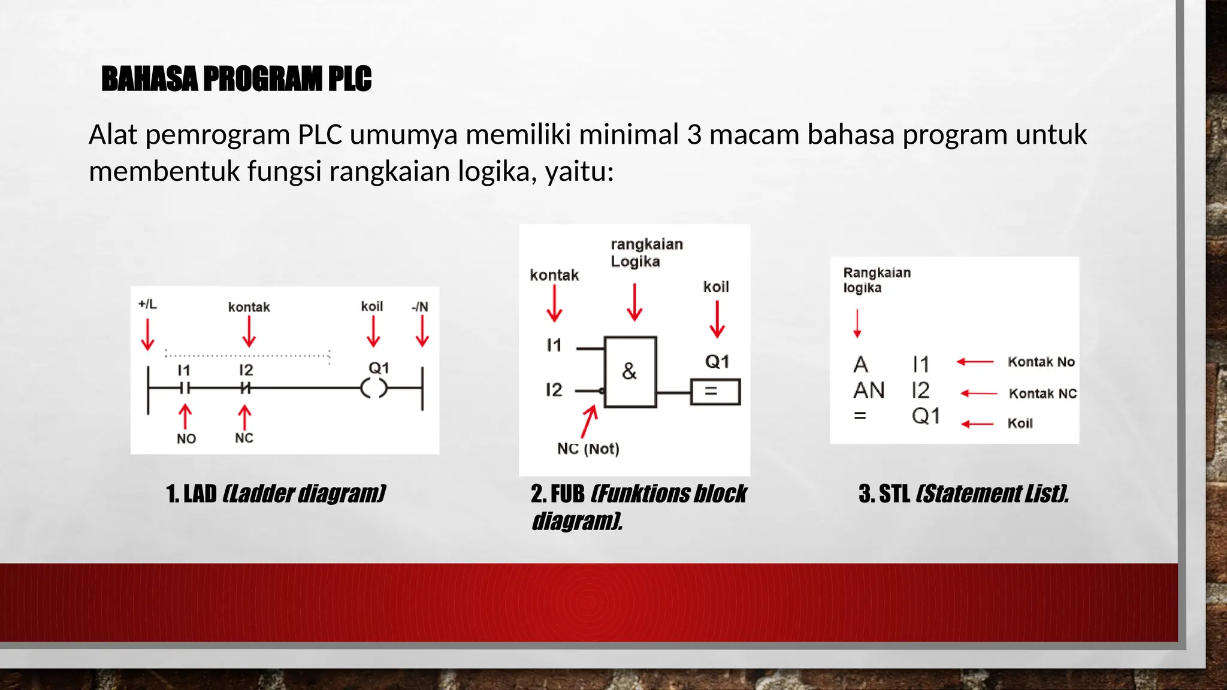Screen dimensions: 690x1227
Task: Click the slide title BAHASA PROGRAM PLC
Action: click(236, 78)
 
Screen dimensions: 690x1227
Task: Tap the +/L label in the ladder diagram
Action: click(147, 304)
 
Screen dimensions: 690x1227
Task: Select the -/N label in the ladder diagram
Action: click(420, 307)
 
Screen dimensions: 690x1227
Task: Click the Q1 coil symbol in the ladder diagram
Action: click(374, 389)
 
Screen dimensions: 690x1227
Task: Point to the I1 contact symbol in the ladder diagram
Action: click(185, 388)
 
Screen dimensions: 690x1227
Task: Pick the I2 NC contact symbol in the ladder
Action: click(245, 388)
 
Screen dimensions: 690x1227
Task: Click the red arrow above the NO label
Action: click(185, 416)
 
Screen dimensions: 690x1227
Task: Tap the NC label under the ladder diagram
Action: click(244, 438)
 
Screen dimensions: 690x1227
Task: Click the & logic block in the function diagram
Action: click(630, 372)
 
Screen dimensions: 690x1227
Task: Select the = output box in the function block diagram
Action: click(715, 392)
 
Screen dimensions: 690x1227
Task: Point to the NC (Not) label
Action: click(588, 449)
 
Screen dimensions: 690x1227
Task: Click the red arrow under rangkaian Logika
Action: click(634, 302)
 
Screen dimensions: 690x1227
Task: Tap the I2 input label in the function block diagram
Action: click(554, 390)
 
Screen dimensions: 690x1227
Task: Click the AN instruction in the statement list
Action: click(869, 391)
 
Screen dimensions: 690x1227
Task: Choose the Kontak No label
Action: click(1041, 362)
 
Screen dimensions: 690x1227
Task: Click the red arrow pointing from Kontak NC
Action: click(978, 394)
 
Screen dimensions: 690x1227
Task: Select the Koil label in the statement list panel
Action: click(1020, 423)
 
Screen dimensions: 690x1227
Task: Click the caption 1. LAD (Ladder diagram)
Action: click(276, 494)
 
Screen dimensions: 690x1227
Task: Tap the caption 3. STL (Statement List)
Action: click(963, 494)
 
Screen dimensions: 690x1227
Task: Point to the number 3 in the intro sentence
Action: click(694, 135)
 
